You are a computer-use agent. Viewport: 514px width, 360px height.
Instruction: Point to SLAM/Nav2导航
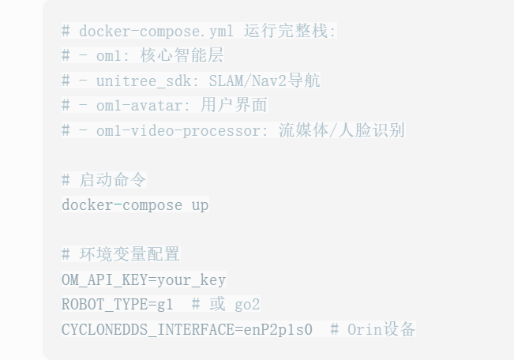click(265, 81)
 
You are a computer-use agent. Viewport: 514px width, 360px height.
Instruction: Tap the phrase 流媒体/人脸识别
click(342, 130)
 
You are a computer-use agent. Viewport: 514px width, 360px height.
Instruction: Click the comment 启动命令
click(112, 180)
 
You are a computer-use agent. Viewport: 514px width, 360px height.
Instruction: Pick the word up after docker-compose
click(200, 204)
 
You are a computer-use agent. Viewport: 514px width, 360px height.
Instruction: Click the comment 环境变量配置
click(129, 254)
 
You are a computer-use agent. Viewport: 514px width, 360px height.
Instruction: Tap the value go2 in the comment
click(247, 304)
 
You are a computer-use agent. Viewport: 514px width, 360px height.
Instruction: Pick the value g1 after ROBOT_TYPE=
click(165, 304)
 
